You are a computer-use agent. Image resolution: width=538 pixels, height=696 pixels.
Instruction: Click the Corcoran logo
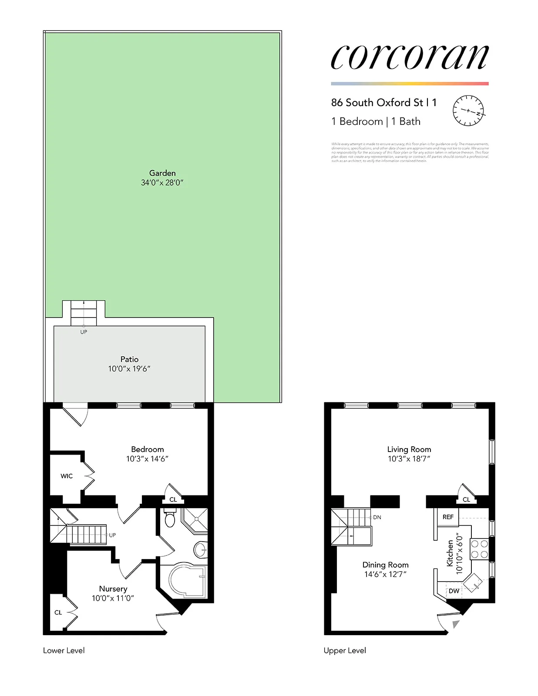409,57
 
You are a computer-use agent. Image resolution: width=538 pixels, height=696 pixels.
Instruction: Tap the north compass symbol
468,110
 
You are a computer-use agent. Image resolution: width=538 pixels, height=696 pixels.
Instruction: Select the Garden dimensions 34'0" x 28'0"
162,183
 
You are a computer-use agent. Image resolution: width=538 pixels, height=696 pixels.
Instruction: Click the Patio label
129,359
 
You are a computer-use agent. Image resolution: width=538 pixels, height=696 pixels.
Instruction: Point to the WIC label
67,476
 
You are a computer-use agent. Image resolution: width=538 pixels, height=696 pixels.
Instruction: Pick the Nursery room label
113,589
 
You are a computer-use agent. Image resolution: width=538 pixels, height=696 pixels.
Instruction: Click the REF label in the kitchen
448,517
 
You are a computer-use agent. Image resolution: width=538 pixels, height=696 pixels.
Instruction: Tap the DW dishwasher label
454,591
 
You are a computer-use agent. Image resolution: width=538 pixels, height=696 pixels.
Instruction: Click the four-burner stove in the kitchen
479,549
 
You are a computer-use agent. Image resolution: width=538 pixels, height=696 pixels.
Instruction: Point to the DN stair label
377,517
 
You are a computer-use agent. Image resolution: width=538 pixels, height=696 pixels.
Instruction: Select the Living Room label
409,449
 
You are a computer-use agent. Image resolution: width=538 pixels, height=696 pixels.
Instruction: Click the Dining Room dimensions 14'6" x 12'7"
385,574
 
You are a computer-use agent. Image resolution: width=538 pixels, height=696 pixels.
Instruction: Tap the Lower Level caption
64,650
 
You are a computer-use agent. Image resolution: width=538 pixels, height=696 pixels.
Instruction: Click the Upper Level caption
345,650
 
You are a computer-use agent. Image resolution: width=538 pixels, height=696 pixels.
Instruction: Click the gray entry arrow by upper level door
455,624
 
